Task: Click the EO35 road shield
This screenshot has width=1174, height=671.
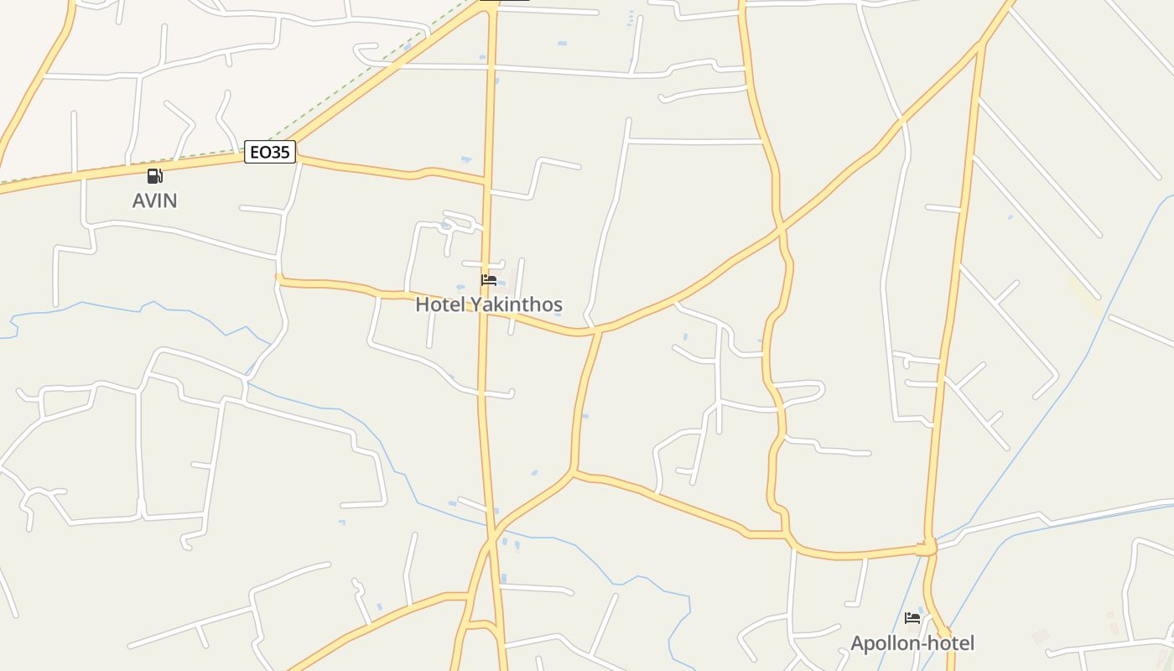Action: [270, 152]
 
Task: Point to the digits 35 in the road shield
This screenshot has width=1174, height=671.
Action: [280, 152]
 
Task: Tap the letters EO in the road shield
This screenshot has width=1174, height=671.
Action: [260, 152]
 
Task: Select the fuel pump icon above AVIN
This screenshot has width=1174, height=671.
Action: [154, 176]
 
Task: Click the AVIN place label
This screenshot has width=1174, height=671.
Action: [155, 200]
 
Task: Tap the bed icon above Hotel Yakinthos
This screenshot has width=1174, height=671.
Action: [489, 280]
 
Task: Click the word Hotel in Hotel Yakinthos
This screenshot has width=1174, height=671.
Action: [439, 304]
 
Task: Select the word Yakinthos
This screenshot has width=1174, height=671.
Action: [516, 304]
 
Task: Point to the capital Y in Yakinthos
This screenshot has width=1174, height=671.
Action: [475, 304]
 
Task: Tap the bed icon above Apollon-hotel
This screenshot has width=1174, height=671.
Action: [912, 619]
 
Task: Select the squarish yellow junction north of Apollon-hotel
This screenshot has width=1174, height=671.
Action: [927, 548]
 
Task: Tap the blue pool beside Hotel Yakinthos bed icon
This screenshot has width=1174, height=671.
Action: [501, 281]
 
